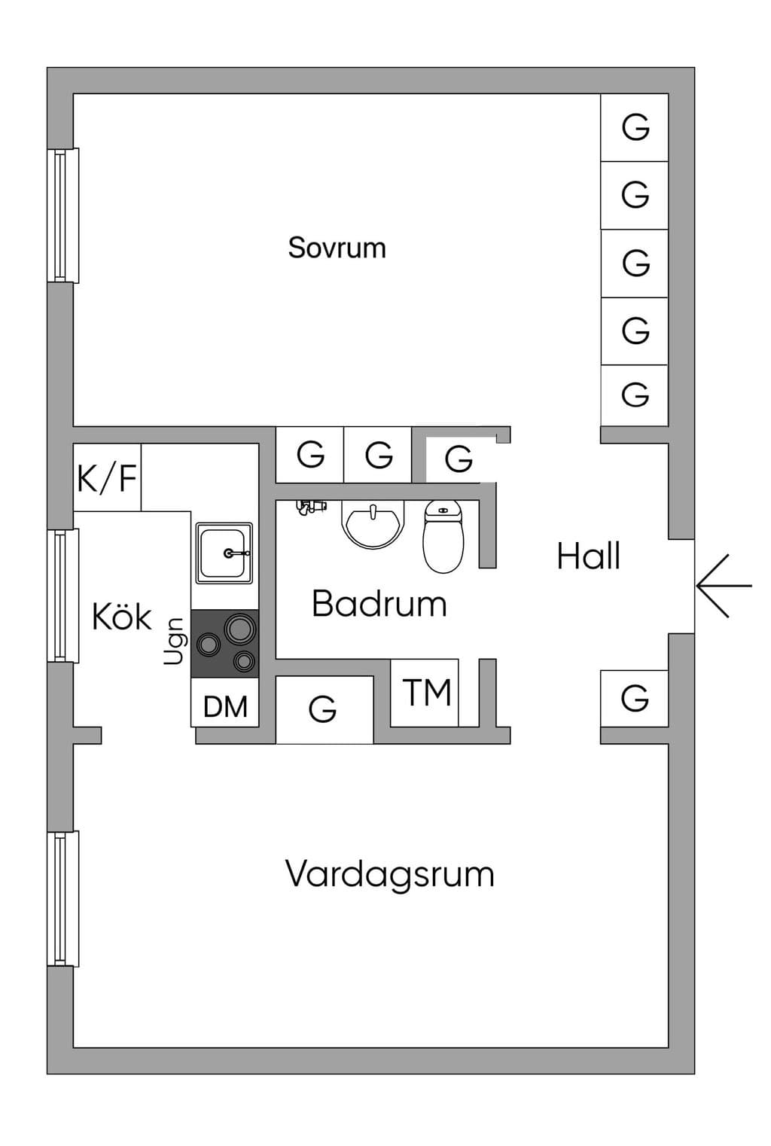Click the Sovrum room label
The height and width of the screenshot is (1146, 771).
(x=337, y=248)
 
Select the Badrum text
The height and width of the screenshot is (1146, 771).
(x=379, y=604)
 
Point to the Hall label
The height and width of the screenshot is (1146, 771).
(x=588, y=556)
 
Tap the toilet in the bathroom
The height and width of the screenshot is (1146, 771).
(x=443, y=536)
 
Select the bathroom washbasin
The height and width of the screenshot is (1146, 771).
(x=373, y=524)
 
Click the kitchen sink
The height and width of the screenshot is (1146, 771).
(x=224, y=553)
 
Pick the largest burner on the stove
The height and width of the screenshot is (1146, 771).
(x=239, y=628)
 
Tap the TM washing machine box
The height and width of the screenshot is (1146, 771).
(x=424, y=693)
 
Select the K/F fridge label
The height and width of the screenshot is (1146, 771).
(x=107, y=478)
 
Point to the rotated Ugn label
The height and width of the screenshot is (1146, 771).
(x=174, y=642)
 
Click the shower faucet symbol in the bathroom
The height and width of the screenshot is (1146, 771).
(x=311, y=507)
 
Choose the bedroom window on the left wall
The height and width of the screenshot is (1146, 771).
(x=63, y=215)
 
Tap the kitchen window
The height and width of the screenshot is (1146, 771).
(x=63, y=596)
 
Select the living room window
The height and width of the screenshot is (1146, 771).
(x=63, y=898)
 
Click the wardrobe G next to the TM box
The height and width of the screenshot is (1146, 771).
(x=325, y=709)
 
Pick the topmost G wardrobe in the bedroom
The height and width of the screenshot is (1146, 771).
(x=635, y=127)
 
